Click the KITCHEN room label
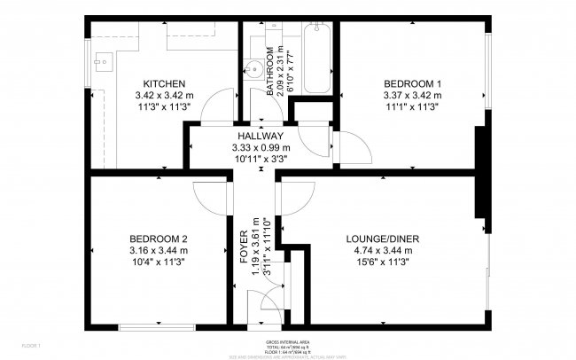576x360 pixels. [164, 83]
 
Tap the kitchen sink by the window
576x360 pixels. [103, 65]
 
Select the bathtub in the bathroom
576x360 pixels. [315, 61]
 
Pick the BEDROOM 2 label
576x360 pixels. [159, 239]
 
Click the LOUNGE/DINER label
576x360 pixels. [383, 239]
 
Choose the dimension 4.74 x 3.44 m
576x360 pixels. [383, 250]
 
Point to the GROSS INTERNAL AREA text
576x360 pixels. [287, 341]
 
